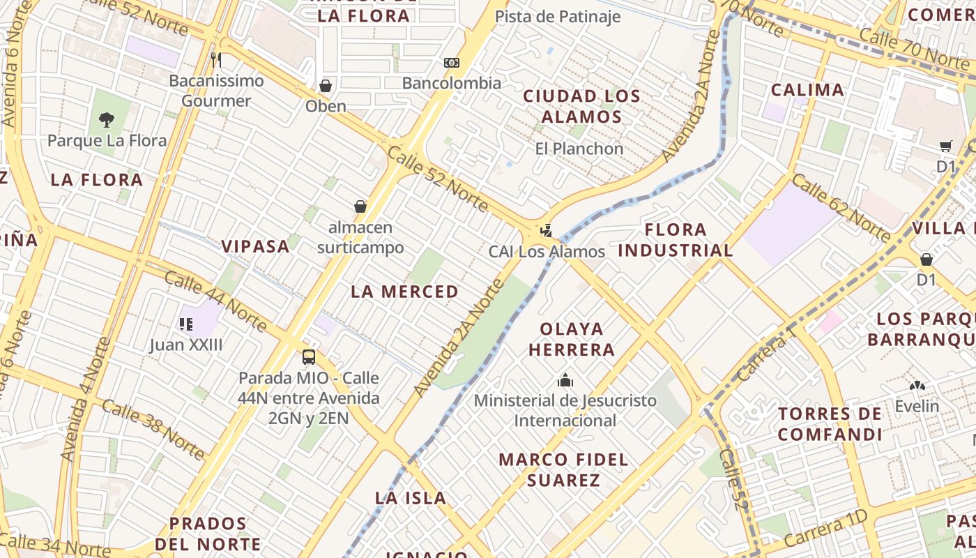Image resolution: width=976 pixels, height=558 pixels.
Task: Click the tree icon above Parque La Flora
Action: (x=106, y=119)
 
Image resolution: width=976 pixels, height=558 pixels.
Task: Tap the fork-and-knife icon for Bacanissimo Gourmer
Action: (x=216, y=60)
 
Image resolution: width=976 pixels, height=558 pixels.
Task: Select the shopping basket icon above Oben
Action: (x=325, y=86)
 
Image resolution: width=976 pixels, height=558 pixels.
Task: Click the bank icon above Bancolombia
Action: (x=452, y=63)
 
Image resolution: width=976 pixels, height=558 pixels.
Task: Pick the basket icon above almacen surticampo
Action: (x=360, y=206)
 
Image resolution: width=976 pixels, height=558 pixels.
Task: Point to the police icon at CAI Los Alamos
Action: (x=547, y=230)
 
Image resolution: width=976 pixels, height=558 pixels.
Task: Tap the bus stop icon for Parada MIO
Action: (x=309, y=357)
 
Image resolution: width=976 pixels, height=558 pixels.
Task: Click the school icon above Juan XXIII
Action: (x=186, y=324)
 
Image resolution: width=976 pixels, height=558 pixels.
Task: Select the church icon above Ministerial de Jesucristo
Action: (x=565, y=380)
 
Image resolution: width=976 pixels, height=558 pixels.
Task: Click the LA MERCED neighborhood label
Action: (x=404, y=292)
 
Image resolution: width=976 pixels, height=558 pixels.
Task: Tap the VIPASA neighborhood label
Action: (x=255, y=246)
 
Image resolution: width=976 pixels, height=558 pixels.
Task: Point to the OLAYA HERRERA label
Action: (x=572, y=339)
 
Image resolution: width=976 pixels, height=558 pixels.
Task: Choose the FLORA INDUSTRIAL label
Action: (x=676, y=240)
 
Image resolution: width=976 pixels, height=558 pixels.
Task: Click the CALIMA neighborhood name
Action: (x=807, y=90)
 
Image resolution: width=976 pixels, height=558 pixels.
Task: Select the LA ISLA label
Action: (x=411, y=498)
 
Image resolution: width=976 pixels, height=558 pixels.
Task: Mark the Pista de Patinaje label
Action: (x=557, y=17)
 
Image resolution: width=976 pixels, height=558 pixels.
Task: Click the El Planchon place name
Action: (x=579, y=149)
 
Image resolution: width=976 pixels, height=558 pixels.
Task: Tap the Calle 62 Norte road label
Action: (x=841, y=208)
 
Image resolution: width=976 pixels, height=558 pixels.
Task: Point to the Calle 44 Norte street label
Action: (x=215, y=301)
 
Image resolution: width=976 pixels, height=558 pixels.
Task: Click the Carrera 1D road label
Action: (x=826, y=528)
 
